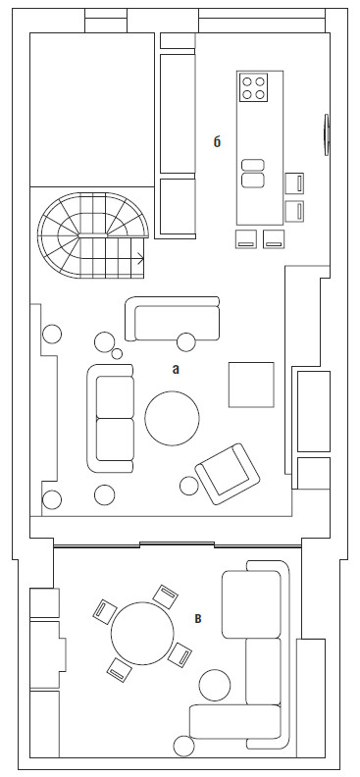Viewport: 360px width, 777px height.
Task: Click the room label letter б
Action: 217,142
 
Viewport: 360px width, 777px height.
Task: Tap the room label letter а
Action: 175,369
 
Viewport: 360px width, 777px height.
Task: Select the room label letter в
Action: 198,618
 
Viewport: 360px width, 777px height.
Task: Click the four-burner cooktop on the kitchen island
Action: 253,86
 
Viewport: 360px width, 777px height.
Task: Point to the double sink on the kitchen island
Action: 252,173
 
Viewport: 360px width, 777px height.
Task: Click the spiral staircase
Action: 92,235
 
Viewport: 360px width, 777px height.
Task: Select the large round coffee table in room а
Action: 173,417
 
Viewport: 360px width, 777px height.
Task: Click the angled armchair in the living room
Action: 228,473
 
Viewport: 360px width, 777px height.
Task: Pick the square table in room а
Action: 251,385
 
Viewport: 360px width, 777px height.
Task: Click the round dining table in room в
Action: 142,633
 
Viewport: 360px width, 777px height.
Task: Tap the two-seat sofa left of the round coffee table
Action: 111,418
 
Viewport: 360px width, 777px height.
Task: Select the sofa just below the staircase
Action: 172,319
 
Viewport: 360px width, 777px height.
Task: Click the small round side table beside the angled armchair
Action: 189,486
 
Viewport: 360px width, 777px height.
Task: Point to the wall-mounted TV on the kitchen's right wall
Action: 327,134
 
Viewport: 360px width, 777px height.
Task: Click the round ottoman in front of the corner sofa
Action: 215,685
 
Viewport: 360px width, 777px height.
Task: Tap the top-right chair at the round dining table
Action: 166,596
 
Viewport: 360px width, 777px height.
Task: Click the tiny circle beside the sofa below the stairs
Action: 118,353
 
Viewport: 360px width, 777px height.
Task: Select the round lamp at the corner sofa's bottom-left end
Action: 183,747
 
